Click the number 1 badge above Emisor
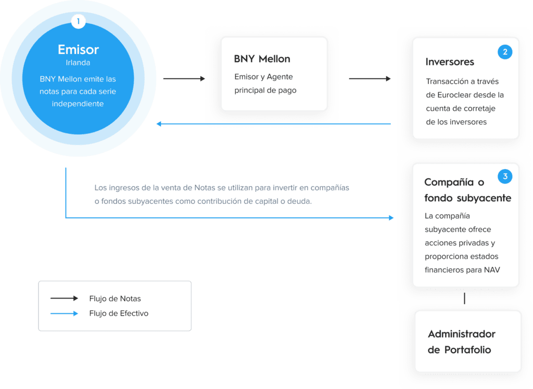(x=78, y=21)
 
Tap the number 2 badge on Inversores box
(x=505, y=52)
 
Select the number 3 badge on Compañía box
(x=505, y=176)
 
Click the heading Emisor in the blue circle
(x=78, y=49)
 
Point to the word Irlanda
(x=78, y=62)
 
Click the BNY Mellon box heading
(x=262, y=59)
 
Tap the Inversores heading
(x=450, y=62)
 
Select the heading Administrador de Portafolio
(x=461, y=342)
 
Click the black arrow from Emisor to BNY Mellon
(x=184, y=79)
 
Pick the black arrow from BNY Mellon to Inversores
(x=370, y=79)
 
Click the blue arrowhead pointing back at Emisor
(x=159, y=124)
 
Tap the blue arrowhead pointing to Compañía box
(x=391, y=218)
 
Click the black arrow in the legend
(x=64, y=299)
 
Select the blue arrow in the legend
(x=64, y=313)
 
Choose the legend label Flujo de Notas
(x=115, y=299)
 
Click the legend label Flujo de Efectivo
(x=119, y=313)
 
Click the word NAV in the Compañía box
(x=492, y=270)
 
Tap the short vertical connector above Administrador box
(x=464, y=299)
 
